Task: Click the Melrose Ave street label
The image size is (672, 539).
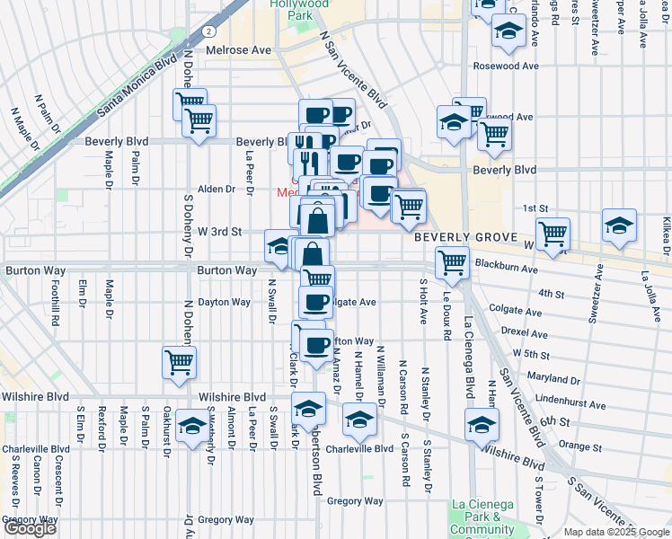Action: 239,51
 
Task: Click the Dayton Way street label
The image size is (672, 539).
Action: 224,302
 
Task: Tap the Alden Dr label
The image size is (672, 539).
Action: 216,190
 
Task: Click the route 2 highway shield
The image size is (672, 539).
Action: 208,30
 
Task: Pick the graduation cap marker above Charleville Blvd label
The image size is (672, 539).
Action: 360,420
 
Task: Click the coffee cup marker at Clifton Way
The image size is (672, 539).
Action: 315,345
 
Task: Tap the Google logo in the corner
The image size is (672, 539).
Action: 30,529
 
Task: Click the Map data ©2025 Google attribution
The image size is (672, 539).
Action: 617,532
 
